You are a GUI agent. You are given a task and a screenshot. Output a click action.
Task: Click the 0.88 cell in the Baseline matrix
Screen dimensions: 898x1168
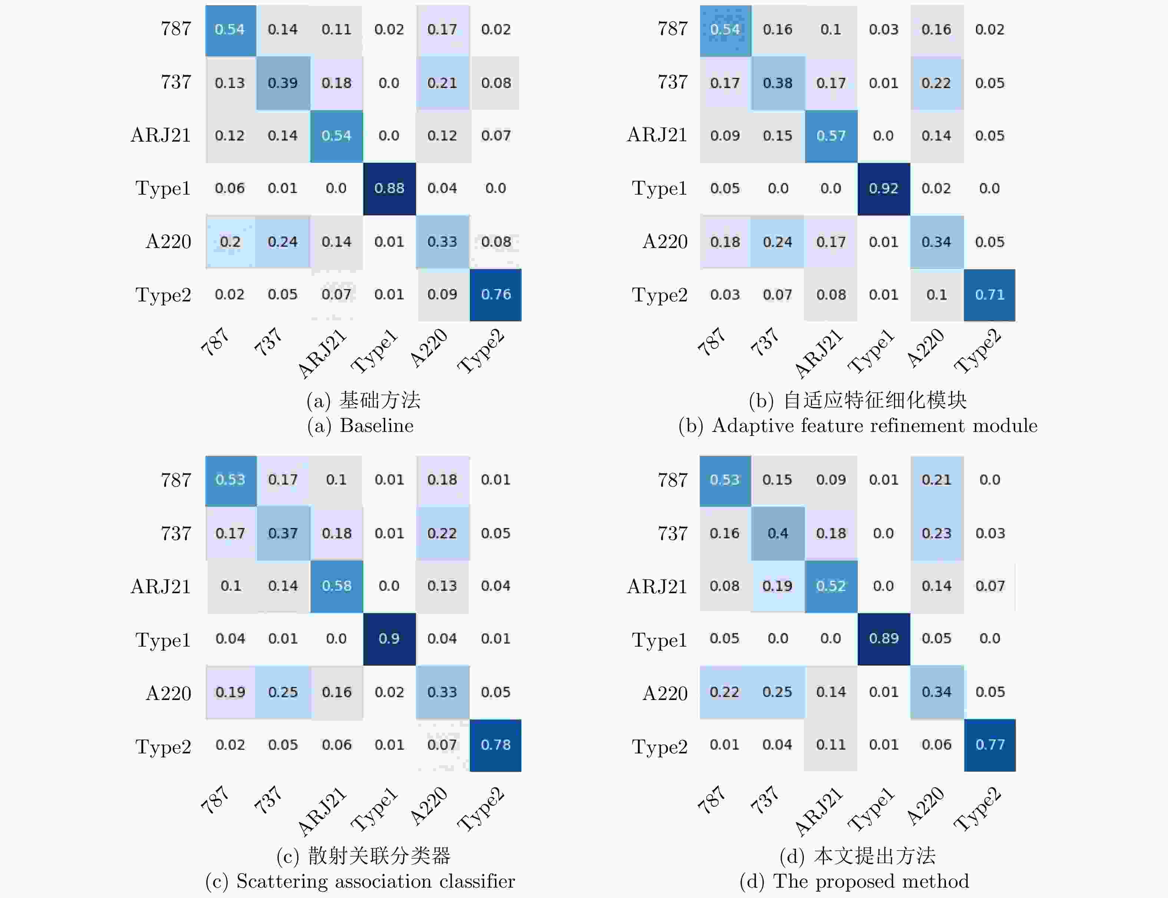(389, 188)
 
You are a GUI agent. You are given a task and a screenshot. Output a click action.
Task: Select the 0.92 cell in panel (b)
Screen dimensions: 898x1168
(883, 188)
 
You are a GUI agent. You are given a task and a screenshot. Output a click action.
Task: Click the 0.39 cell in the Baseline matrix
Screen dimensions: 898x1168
(283, 83)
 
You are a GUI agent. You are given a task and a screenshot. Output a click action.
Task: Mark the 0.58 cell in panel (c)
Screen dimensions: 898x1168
(336, 586)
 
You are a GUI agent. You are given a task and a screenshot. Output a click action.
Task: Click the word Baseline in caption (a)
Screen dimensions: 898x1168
(376, 426)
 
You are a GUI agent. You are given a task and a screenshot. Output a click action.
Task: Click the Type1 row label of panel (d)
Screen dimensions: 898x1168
(659, 639)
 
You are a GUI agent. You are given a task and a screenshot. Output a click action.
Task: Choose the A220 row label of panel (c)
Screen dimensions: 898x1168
(168, 693)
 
